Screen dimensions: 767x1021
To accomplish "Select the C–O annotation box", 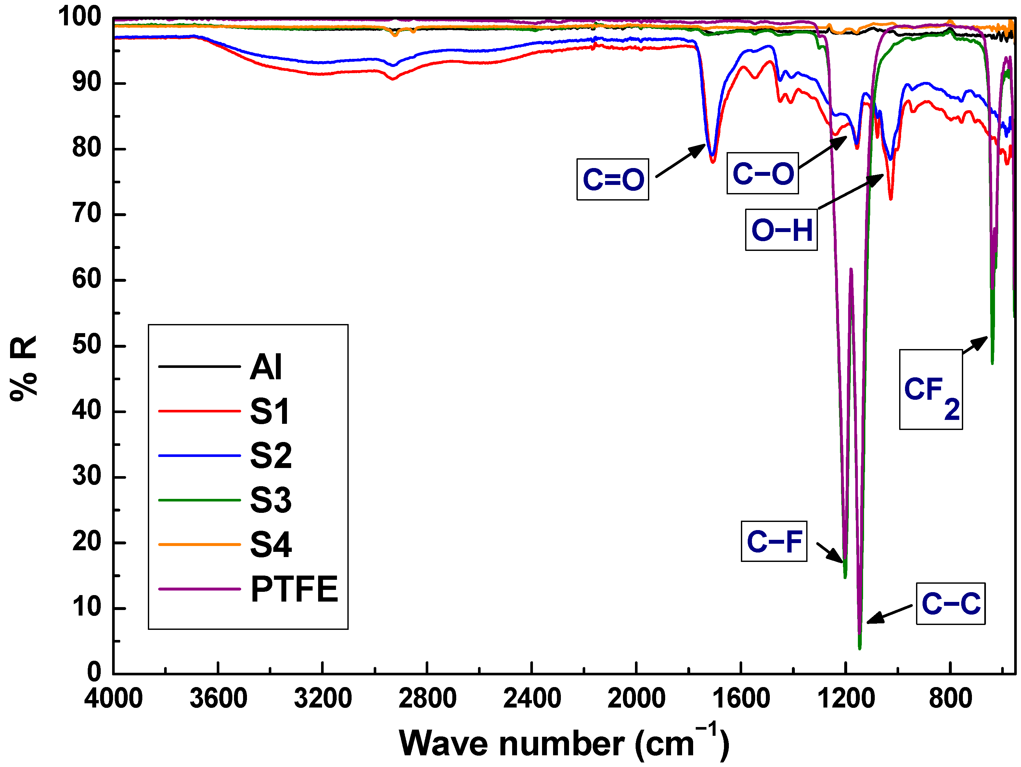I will tap(763, 174).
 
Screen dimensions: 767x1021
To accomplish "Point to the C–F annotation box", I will tap(774, 541).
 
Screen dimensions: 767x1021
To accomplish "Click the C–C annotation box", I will tap(951, 604).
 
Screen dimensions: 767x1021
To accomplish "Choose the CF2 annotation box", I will tap(931, 390).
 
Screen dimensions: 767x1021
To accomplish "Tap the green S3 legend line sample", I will tap(200, 500).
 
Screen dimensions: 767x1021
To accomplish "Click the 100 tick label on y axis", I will tap(79, 17).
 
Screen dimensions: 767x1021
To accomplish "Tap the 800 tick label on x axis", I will tap(950, 698).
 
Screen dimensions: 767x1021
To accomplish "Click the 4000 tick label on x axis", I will tap(113, 698).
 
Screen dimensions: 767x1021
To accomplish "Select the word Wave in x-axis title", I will tap(443, 744).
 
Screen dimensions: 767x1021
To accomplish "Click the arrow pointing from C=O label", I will tap(680, 160).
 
